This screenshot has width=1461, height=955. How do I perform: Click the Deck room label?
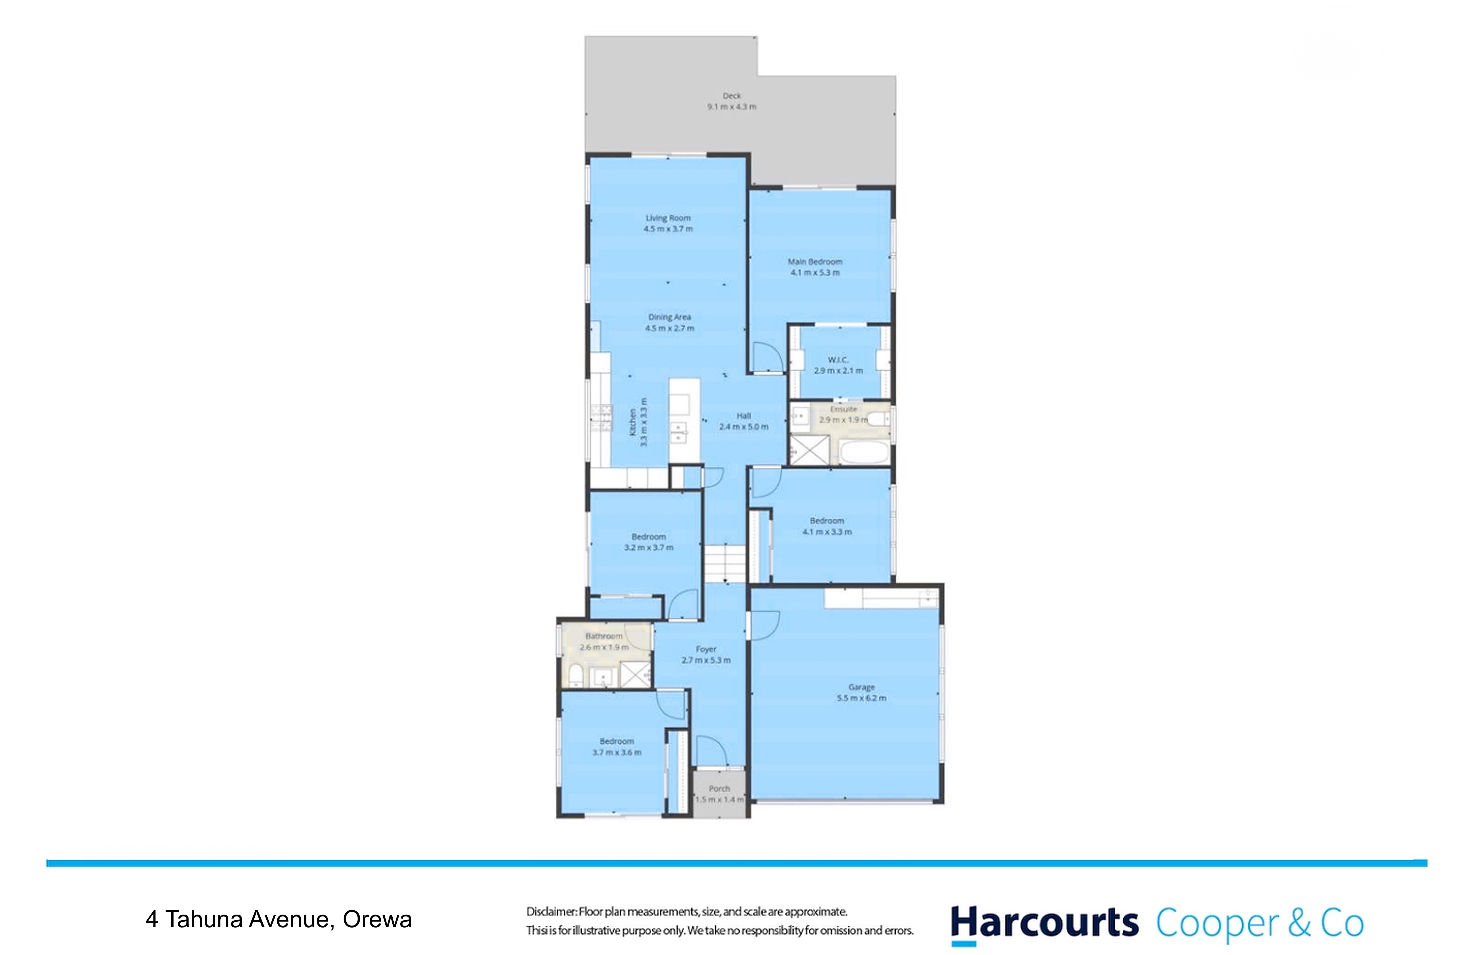click(x=732, y=96)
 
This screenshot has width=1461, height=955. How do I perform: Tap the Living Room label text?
click(x=668, y=218)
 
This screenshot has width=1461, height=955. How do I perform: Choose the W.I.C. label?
click(x=838, y=360)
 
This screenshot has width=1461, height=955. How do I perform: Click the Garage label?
click(x=861, y=687)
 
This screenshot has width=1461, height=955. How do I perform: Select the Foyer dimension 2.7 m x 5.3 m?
click(x=706, y=660)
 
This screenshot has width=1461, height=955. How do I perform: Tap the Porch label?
click(x=719, y=789)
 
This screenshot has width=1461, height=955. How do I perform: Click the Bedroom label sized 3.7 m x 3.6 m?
click(x=617, y=741)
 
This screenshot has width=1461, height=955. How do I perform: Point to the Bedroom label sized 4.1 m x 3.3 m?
click(x=827, y=521)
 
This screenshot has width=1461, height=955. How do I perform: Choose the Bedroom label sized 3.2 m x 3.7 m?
click(x=649, y=537)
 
